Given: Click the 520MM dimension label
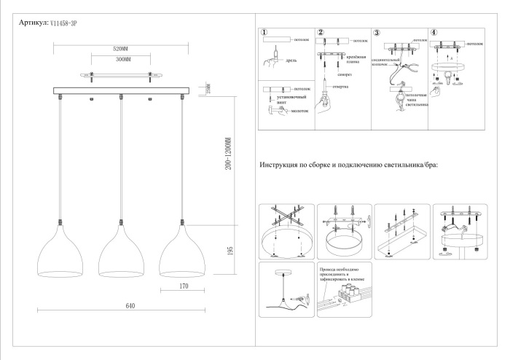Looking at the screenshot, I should (x=121, y=48).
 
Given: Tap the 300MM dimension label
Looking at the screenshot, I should (x=121, y=59).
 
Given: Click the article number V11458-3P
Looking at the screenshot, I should (x=64, y=24).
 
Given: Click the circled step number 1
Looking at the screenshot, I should (x=264, y=33).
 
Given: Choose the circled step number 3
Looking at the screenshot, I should (x=377, y=33).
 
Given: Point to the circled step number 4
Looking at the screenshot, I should (x=433, y=33).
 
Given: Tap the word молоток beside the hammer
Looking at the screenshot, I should (x=299, y=111).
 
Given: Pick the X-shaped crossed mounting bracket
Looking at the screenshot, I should (x=286, y=219).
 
